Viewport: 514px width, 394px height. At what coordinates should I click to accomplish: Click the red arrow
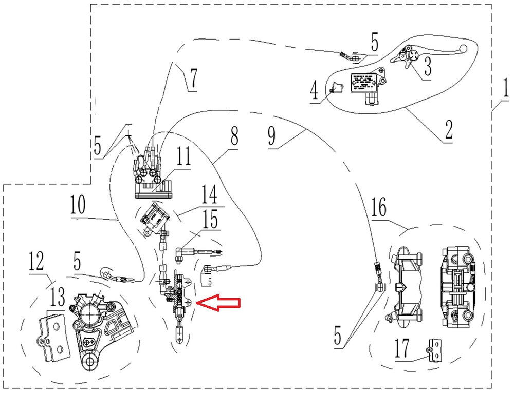pyautogui.click(x=219, y=304)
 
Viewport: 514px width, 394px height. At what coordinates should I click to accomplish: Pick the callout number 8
pyautogui.click(x=234, y=138)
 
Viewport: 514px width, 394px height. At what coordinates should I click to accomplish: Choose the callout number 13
pyautogui.click(x=58, y=297)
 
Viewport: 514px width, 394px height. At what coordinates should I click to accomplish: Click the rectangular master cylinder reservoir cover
pyautogui.click(x=365, y=82)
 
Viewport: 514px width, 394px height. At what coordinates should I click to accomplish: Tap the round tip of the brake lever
pyautogui.click(x=463, y=49)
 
